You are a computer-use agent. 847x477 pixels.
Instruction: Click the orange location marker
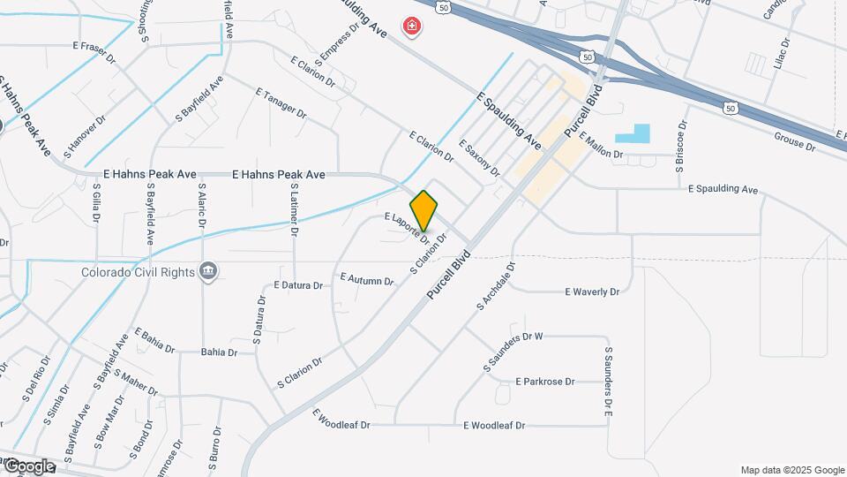point(423,210)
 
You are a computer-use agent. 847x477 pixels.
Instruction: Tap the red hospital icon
point(411,27)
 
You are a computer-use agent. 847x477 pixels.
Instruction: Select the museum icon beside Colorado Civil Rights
point(209,271)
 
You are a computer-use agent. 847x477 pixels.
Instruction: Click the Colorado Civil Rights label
point(138,272)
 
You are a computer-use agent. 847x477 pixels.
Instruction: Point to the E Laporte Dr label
point(407,227)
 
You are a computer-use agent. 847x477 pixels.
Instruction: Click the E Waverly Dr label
point(592,291)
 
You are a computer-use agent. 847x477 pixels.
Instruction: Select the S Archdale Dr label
point(495,284)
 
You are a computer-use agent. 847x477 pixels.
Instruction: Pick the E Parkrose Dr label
point(544,382)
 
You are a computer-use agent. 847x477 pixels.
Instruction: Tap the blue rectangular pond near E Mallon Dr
point(632,134)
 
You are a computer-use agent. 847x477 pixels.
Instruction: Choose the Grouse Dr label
point(794,140)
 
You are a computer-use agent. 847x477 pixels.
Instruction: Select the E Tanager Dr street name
point(281,103)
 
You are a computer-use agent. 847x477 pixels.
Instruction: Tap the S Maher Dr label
point(135,382)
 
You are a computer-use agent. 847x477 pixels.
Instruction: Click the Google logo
point(29,466)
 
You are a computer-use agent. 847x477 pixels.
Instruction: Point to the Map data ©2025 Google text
point(791,470)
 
